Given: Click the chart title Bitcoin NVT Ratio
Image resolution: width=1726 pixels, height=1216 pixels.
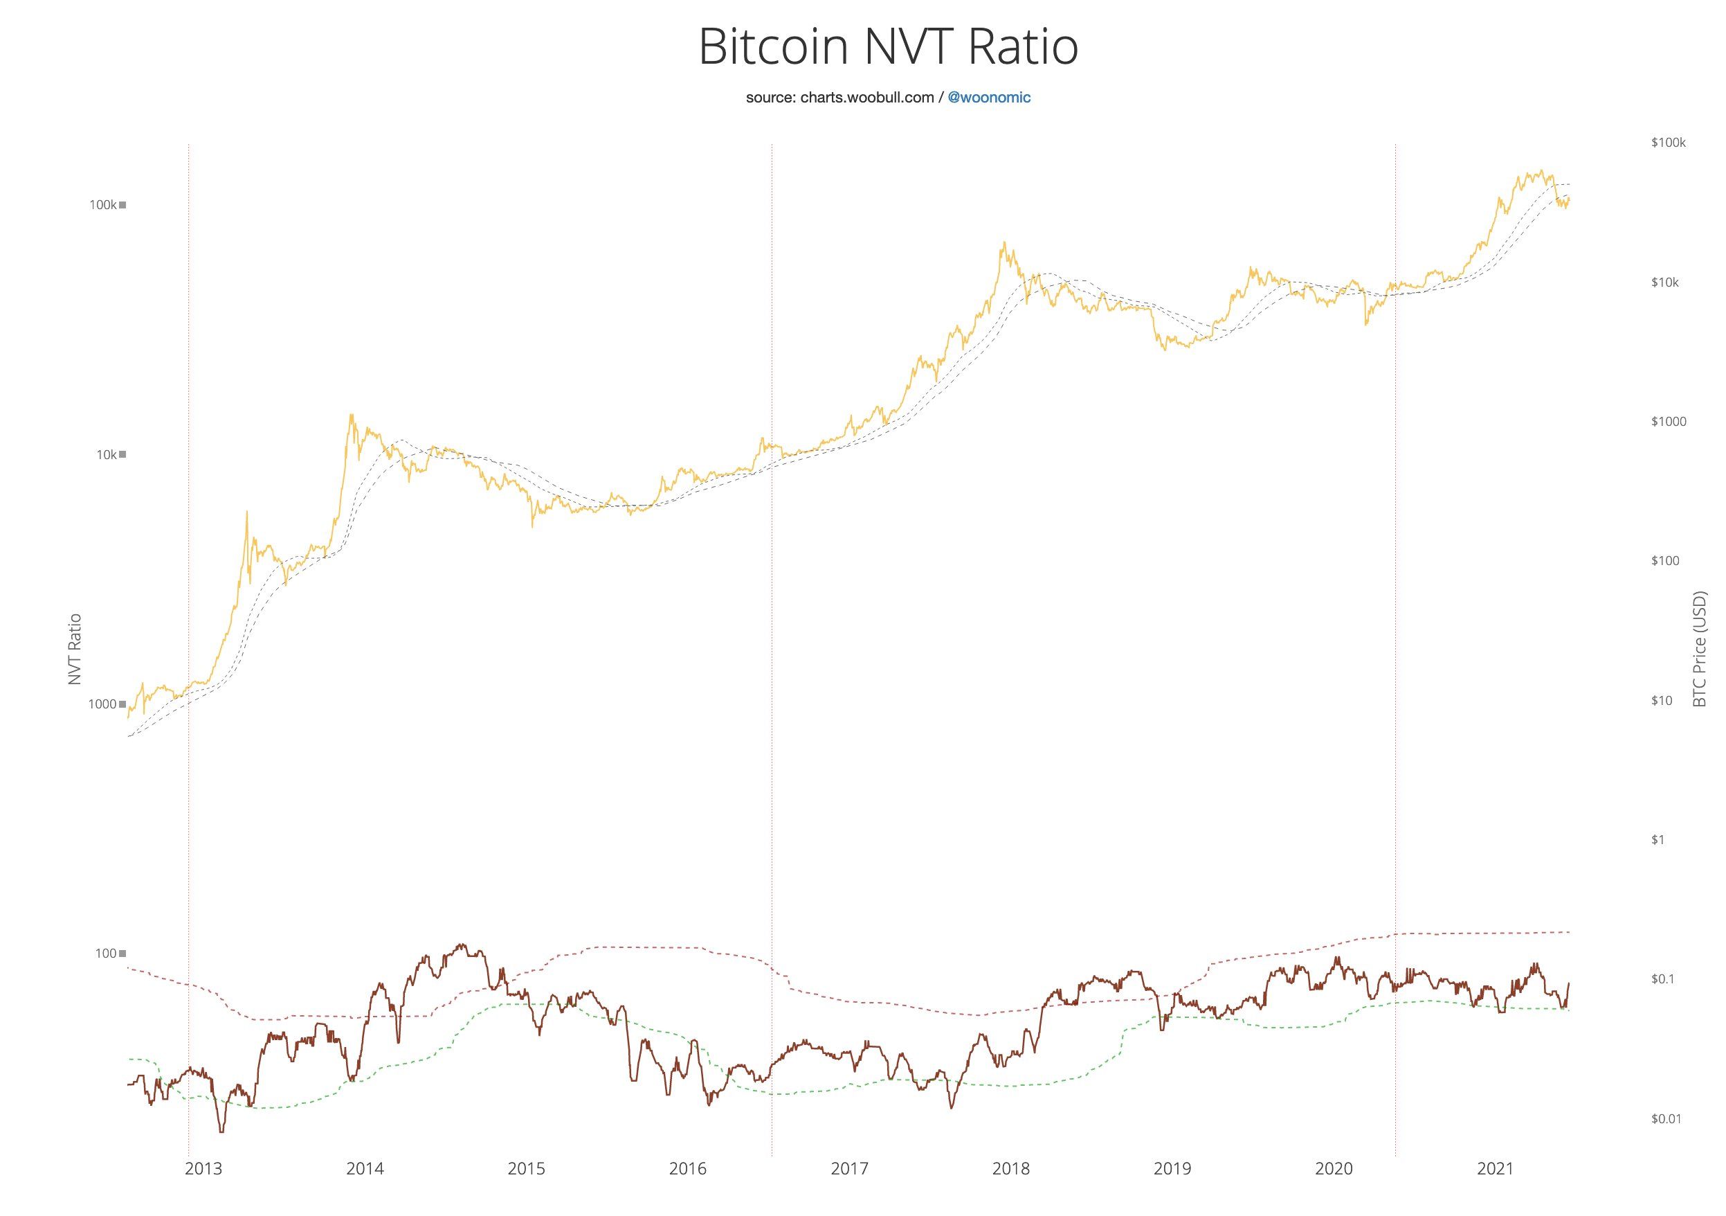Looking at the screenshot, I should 888,47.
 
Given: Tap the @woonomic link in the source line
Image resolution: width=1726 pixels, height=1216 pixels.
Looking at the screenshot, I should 989,98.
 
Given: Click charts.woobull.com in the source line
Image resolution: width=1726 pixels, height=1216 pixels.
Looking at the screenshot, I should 866,98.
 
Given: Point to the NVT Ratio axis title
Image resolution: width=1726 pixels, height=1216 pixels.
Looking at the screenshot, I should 75,649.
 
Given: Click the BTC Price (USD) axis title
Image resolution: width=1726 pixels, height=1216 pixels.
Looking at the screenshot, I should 1699,648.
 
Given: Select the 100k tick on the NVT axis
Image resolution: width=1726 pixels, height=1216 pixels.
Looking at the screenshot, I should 103,204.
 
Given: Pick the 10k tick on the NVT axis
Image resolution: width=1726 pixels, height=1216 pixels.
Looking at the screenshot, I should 106,454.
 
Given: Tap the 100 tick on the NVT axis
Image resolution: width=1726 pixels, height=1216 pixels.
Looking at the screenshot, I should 105,954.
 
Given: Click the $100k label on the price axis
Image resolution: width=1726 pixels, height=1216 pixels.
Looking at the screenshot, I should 1668,143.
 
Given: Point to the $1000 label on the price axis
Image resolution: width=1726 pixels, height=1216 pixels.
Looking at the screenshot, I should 1668,421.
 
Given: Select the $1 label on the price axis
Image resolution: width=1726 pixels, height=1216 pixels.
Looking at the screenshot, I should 1657,839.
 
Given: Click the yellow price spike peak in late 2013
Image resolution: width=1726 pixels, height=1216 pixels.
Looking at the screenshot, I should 351,414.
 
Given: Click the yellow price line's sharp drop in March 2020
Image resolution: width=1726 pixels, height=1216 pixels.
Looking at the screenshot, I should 1366,324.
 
